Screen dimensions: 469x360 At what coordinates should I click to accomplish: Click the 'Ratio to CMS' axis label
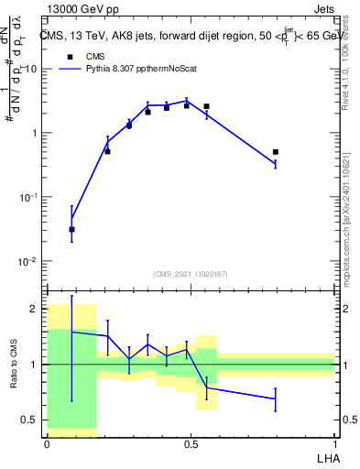(x=13, y=365)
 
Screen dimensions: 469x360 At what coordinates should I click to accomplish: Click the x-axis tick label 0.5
(x=191, y=443)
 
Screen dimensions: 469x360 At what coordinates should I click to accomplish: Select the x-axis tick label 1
(x=334, y=443)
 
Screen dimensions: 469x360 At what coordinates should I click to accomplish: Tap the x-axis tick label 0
(x=47, y=443)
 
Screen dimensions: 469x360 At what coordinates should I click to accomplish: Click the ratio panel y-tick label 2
(x=34, y=309)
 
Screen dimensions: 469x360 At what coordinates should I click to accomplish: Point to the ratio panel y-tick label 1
(x=34, y=365)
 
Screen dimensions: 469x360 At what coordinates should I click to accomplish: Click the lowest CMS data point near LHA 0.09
(x=71, y=229)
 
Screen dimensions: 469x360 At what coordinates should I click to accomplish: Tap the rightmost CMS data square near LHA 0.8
(x=275, y=152)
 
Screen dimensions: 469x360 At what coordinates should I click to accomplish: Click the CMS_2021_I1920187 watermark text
(x=191, y=273)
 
